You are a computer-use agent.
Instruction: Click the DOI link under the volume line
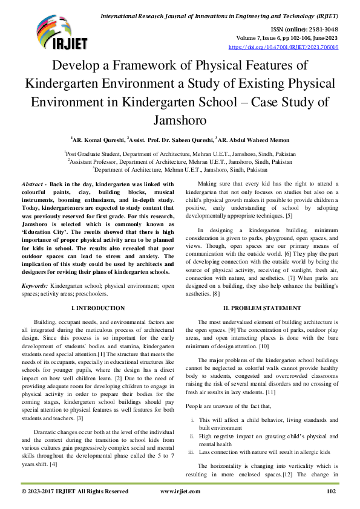(283, 47)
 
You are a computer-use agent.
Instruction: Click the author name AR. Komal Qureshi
(99, 139)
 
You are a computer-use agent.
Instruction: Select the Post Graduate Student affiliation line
(180, 154)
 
